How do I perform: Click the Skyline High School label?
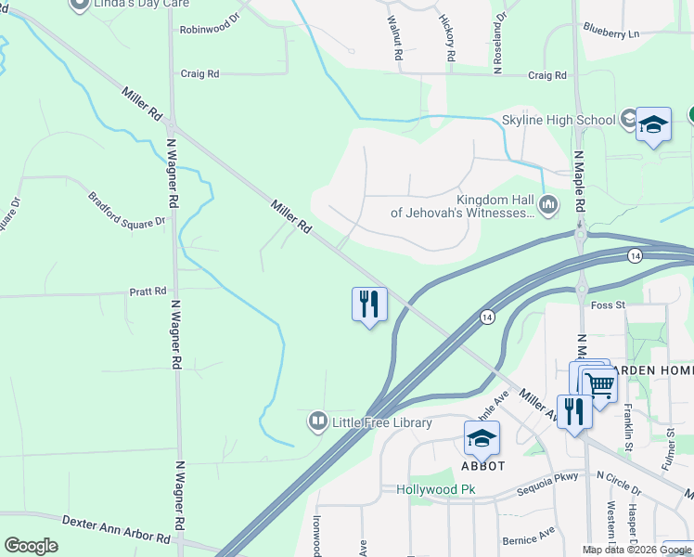tap(558, 120)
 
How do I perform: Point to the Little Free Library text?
tap(382, 423)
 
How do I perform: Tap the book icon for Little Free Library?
tap(318, 422)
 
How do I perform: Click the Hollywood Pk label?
tap(435, 489)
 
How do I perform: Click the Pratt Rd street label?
tap(148, 291)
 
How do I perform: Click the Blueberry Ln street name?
tap(611, 33)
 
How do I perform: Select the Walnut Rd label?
tap(395, 39)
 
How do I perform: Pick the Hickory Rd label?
tap(446, 39)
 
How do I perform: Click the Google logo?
tap(31, 546)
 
